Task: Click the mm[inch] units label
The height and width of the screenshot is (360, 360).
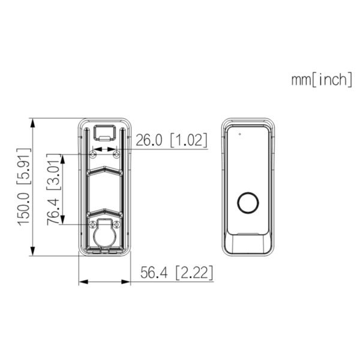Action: pos(322,80)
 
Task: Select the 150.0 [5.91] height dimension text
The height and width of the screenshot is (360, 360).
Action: pos(23,187)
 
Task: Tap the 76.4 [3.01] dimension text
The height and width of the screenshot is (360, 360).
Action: pos(54,189)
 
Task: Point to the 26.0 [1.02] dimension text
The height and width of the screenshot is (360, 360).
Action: pos(172,140)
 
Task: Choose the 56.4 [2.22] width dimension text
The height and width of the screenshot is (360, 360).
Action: pos(177,272)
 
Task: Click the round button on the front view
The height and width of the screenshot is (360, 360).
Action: pos(248,203)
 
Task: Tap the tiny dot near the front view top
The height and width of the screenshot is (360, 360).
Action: pos(239,134)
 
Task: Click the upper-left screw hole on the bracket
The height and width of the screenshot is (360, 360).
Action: pos(93,154)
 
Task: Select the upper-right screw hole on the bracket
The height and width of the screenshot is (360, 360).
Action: pos(117,154)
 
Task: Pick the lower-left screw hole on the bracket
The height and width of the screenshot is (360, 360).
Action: pos(93,224)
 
